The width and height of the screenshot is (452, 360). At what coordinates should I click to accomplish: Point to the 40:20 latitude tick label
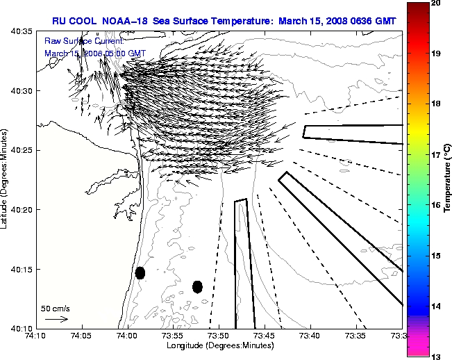(x=19, y=210)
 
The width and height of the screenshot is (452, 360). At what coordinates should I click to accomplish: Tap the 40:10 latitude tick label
(x=19, y=328)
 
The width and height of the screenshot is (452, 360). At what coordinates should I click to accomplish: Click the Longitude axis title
(x=219, y=345)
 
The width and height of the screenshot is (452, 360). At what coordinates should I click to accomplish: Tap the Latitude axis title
(x=6, y=179)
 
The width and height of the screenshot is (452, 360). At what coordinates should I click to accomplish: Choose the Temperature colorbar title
(x=449, y=179)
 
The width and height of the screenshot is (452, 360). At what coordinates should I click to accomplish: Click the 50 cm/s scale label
(x=56, y=308)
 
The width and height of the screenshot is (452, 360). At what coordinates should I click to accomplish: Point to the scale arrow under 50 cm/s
(x=56, y=319)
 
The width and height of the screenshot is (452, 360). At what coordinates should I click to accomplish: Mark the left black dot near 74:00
(x=140, y=273)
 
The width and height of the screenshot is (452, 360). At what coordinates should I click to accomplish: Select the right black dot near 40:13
(x=197, y=286)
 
